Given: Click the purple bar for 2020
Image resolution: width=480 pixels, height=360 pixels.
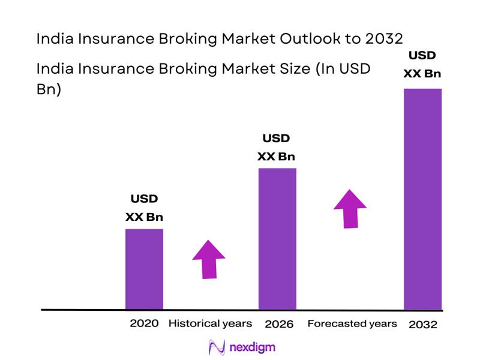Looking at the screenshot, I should (x=144, y=269).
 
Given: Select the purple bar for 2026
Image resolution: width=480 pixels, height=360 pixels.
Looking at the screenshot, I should (x=277, y=238).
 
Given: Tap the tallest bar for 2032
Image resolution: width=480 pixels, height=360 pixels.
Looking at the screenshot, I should (x=422, y=199).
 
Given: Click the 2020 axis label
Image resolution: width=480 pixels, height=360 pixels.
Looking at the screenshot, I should (x=144, y=323).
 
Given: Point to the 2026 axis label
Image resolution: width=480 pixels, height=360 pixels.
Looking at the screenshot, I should (x=278, y=324).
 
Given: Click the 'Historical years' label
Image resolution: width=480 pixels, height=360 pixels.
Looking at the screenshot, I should (x=210, y=323).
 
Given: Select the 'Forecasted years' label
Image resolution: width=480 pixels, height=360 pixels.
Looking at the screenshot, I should (x=352, y=323).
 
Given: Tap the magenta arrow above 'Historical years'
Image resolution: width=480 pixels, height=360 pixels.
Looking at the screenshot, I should (x=209, y=259).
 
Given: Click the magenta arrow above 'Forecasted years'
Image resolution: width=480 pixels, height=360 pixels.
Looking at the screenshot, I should (x=350, y=208).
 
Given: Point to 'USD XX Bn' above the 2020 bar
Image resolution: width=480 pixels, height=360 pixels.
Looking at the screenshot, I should (x=144, y=208).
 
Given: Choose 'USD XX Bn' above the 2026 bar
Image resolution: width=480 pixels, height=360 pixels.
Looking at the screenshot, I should (x=277, y=148).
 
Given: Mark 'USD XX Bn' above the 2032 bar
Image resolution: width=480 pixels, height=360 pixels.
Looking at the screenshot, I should (x=422, y=64).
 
